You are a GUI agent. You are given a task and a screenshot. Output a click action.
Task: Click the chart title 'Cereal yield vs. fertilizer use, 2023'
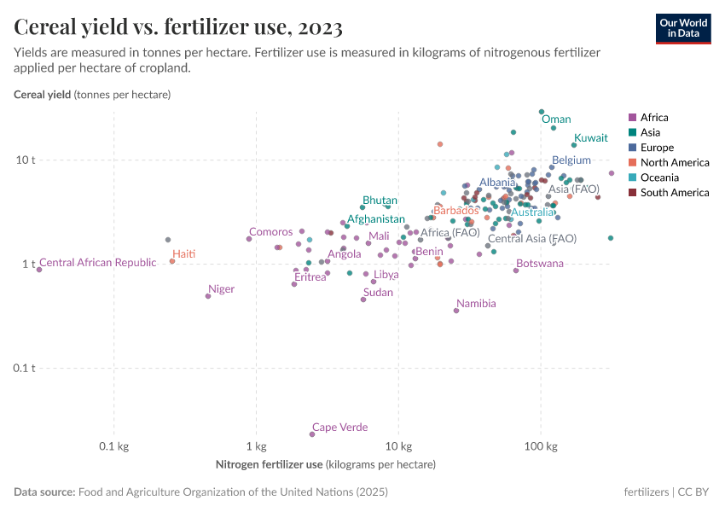[x=178, y=28]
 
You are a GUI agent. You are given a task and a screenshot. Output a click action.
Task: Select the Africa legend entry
[x=654, y=118]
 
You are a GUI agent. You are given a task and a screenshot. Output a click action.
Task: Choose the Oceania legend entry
[x=659, y=177]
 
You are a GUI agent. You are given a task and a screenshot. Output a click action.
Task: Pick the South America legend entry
[x=674, y=193]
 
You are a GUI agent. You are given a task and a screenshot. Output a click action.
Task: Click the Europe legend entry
[x=657, y=148]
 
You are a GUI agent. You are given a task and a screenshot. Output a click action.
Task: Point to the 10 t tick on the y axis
[x=26, y=160]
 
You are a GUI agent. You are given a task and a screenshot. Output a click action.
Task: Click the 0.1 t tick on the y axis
[x=25, y=368]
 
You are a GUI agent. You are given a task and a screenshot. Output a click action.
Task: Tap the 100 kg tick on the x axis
[x=540, y=447]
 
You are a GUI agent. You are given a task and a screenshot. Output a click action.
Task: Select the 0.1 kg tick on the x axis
[x=113, y=447]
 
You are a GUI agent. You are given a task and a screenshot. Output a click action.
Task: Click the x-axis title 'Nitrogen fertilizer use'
[x=270, y=464]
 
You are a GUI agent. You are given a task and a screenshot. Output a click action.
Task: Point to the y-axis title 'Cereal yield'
[x=43, y=94]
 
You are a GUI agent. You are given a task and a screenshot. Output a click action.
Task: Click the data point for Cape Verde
[x=312, y=434]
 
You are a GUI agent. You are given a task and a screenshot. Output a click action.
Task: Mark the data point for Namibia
[x=456, y=311]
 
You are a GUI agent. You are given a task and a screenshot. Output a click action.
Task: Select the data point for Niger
[x=208, y=296]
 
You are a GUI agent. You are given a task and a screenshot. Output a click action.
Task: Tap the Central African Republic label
[x=98, y=263]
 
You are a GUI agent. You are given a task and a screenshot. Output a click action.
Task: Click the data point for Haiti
[x=172, y=261]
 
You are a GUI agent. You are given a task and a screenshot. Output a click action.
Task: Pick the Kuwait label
[x=590, y=137]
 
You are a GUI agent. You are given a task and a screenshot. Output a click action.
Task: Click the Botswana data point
[x=516, y=271]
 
